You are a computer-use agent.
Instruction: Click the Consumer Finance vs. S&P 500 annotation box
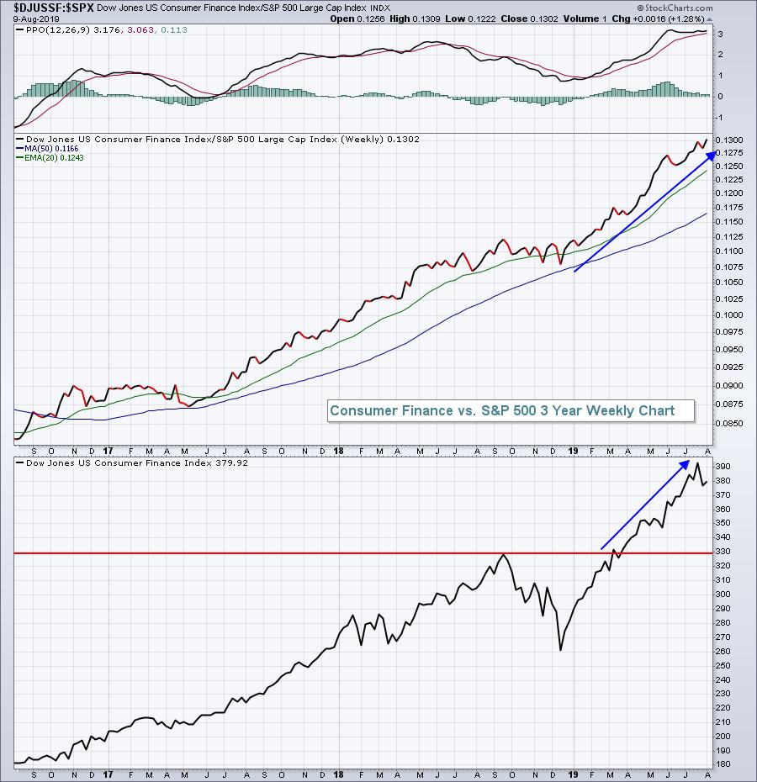(x=502, y=410)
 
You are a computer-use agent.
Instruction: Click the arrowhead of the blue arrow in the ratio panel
(x=712, y=152)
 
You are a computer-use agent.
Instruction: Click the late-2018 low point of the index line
(x=560, y=649)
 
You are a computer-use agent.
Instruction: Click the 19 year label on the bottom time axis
(x=574, y=774)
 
